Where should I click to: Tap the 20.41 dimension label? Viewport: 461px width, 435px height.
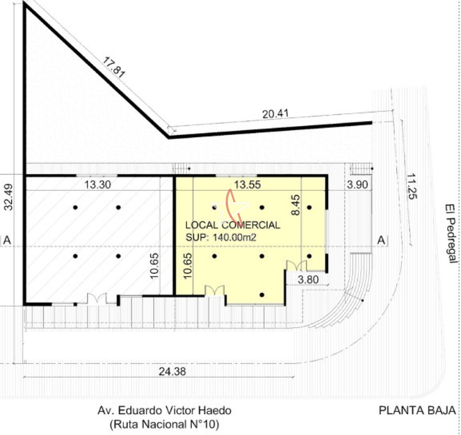(x=276, y=114)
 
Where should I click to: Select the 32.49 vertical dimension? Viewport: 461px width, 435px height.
(x=9, y=197)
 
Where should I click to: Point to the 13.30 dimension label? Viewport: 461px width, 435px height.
(x=98, y=185)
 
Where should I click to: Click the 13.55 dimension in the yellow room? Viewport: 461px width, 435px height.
(x=247, y=185)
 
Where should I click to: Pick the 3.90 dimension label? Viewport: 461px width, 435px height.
(x=357, y=185)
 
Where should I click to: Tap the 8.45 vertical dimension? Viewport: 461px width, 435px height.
(x=295, y=205)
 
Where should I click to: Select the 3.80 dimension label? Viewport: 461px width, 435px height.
(x=308, y=279)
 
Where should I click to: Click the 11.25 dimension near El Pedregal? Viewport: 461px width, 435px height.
(x=412, y=187)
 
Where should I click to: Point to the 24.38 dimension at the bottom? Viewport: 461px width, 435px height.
(x=172, y=372)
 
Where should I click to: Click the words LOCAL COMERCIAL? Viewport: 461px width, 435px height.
(x=232, y=225)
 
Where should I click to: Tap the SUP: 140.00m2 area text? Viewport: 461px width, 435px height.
(x=221, y=237)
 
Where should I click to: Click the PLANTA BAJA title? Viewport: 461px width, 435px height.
(x=417, y=410)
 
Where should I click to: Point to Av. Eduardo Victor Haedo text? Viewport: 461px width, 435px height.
(x=164, y=410)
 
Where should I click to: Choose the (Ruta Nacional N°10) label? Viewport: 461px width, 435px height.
(x=164, y=424)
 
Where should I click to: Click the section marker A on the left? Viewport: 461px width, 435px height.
(x=7, y=240)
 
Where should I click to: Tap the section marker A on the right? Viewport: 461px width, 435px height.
(x=381, y=240)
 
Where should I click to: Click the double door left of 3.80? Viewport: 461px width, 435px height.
(x=297, y=266)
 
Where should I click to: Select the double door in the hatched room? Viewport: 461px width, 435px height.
(x=97, y=299)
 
